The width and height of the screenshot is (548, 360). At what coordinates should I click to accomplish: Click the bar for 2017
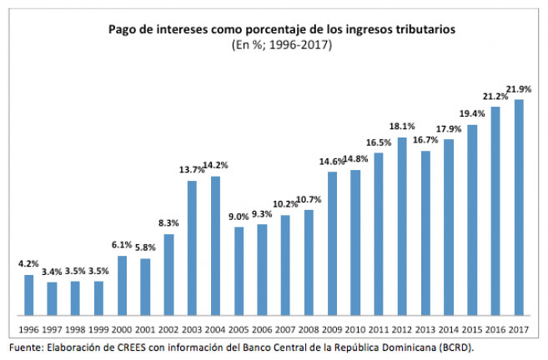pyautogui.click(x=519, y=207)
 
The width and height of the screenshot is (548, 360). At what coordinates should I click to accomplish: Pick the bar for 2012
pyautogui.click(x=402, y=226)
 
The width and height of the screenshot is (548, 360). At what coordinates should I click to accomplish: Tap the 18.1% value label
pyautogui.click(x=402, y=127)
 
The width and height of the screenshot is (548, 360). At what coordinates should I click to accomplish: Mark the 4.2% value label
pyautogui.click(x=28, y=264)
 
